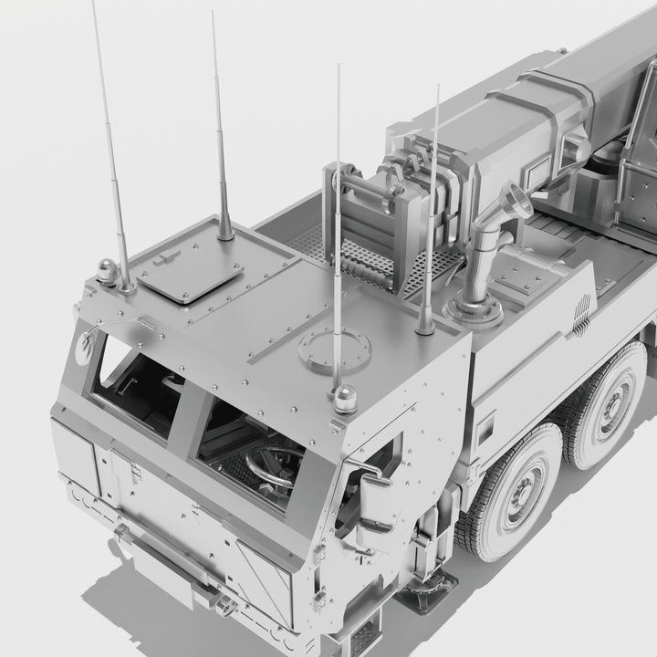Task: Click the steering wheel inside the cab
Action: click(x=274, y=462)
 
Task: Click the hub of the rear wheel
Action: click(x=614, y=401)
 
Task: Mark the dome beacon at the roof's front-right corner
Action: click(x=345, y=398)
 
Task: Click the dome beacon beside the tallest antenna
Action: click(x=108, y=270)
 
